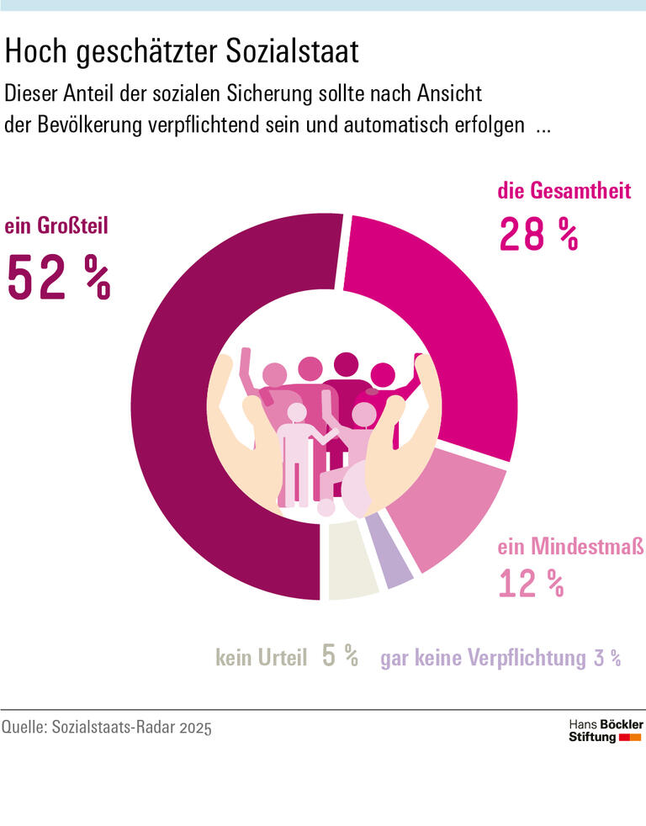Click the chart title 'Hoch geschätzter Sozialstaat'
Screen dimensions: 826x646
coord(182,52)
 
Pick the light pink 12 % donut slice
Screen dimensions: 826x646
coord(451,513)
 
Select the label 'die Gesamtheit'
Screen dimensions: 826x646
coord(564,191)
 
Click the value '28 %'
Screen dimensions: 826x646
coord(538,235)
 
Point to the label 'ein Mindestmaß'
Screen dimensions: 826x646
coord(570,548)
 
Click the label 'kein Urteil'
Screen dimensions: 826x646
coord(261,658)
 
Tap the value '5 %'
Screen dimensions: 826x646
coord(340,656)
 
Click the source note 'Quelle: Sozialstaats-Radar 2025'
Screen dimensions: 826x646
coord(107,727)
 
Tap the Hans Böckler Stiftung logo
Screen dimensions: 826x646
coord(606,730)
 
